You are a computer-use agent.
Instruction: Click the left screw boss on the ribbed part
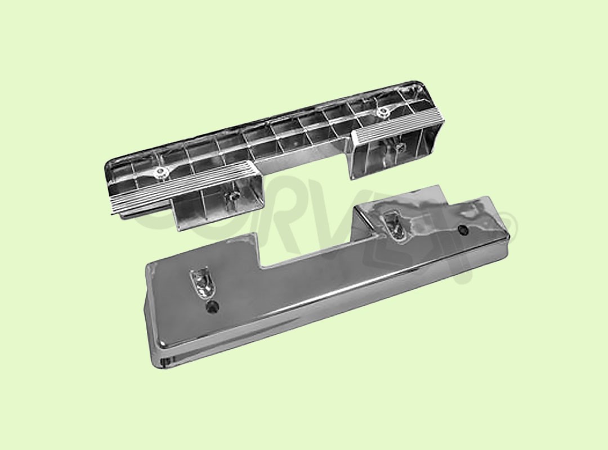point(162,172)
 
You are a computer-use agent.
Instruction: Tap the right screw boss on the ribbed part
point(383,112)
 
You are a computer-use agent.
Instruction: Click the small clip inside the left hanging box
point(230,197)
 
